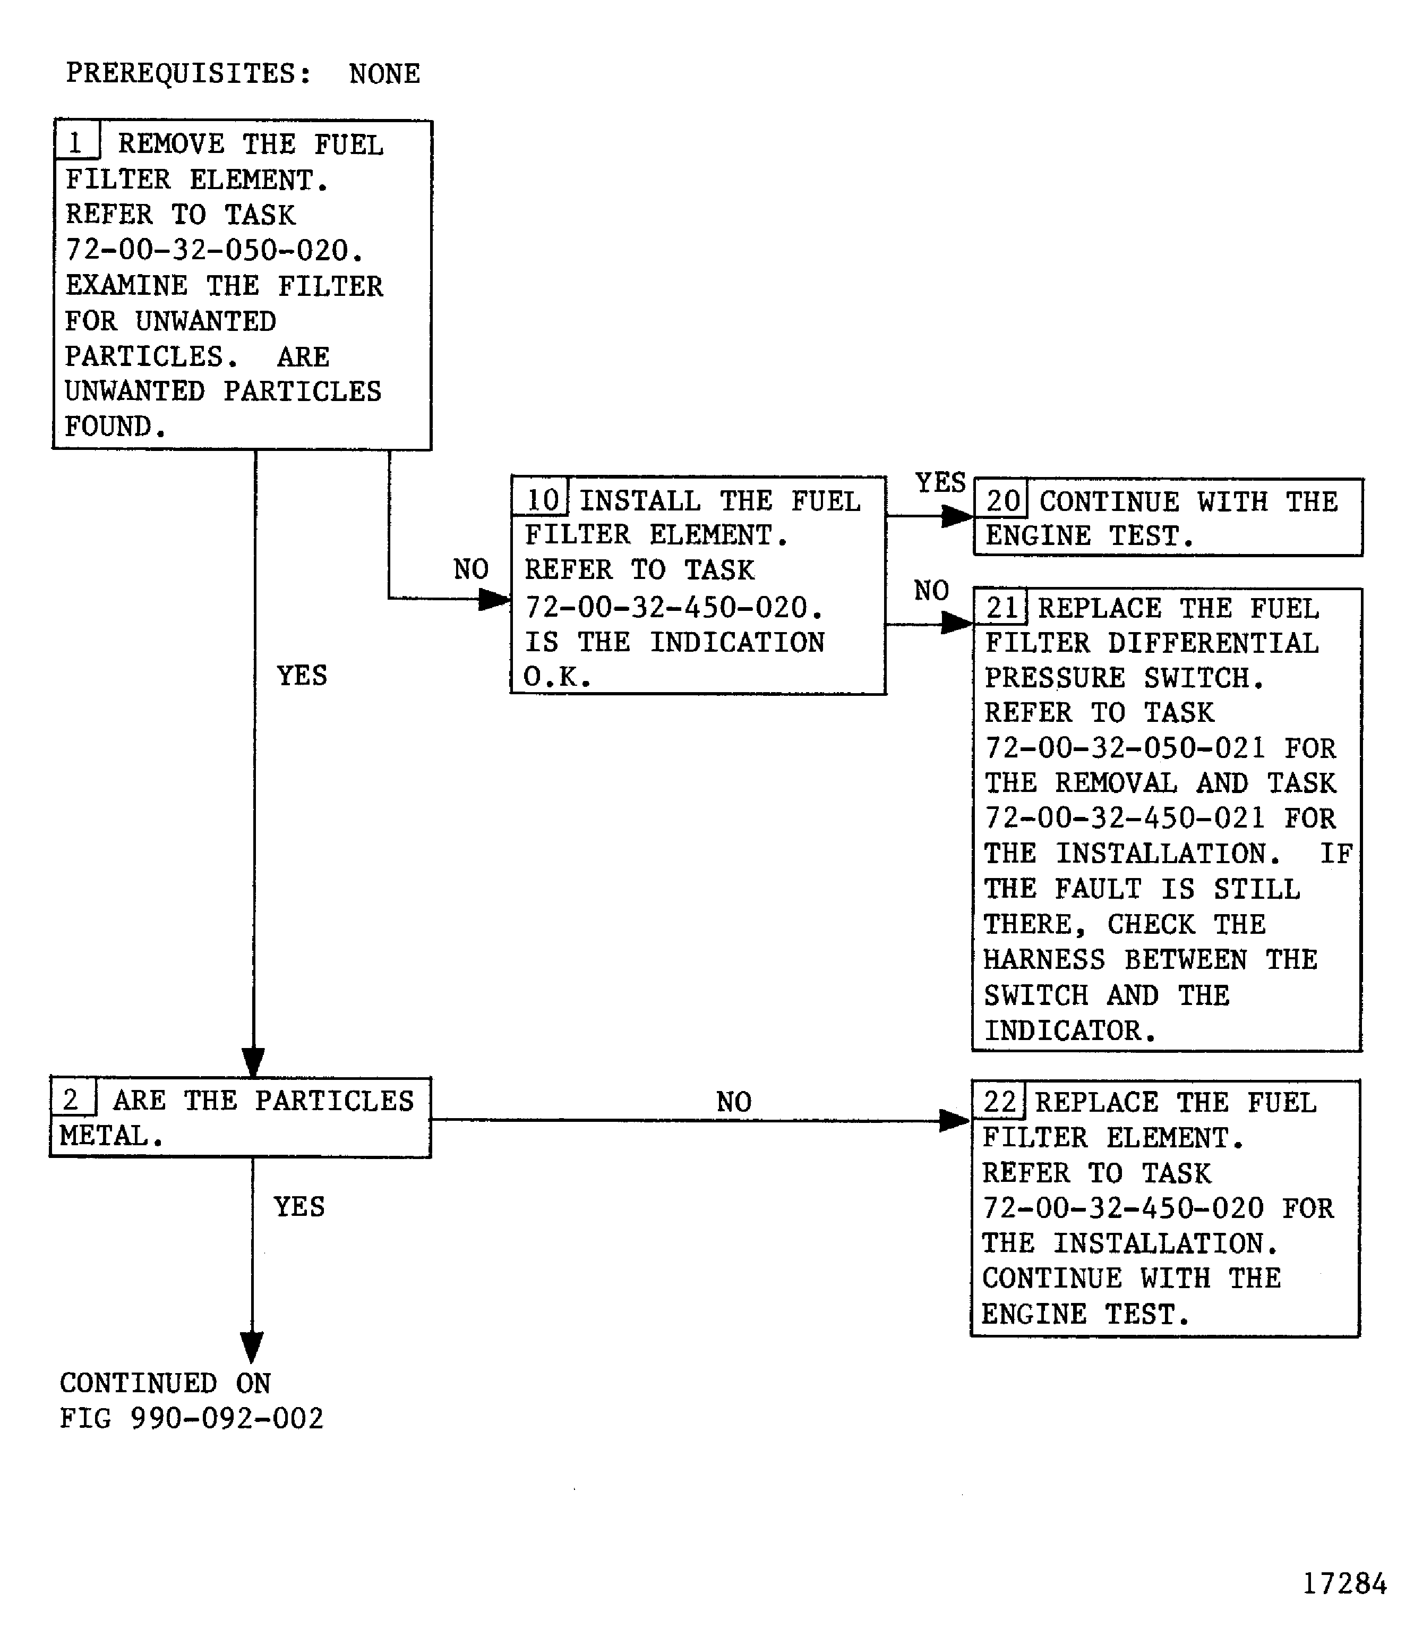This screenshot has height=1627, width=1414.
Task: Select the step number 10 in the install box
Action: coord(542,500)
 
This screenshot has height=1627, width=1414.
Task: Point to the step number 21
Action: coord(1002,607)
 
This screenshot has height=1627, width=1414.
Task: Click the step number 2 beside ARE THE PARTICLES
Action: coord(71,1099)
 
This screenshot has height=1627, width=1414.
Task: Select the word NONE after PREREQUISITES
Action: coord(384,74)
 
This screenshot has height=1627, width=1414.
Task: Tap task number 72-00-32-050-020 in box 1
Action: coord(213,250)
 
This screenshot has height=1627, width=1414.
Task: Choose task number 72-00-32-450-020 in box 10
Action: coord(673,607)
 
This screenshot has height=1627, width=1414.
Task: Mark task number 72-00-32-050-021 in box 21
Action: coord(1125,747)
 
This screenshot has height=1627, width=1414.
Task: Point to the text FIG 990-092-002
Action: coord(191,1419)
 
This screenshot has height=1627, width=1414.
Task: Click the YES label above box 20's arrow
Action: coord(940,482)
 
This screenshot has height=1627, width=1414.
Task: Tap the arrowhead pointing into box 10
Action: coord(495,599)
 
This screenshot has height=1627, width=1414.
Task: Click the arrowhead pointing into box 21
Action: coord(958,624)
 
